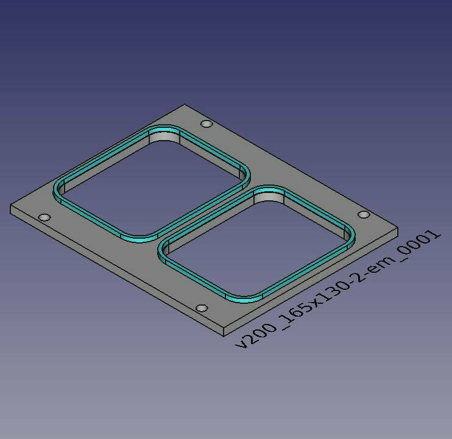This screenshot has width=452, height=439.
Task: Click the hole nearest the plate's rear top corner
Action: tap(207, 124)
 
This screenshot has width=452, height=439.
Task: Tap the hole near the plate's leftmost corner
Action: tap(44, 217)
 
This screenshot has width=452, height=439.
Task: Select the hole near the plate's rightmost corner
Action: tap(364, 214)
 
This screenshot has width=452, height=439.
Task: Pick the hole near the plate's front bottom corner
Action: tap(202, 308)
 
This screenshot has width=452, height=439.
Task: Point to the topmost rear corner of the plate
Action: tap(184, 104)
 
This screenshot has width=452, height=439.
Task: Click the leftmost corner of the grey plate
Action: tap(10, 205)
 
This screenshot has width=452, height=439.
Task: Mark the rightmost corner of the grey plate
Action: tap(398, 227)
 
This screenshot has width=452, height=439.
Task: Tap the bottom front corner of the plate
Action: tap(224, 336)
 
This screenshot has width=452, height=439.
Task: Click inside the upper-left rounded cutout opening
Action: tap(152, 185)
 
